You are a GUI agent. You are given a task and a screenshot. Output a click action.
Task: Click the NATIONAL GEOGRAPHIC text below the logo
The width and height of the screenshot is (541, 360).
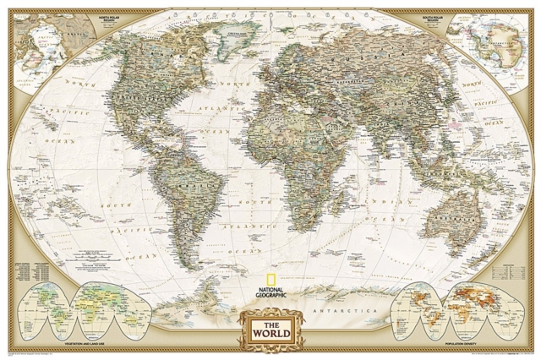(x=270, y=292)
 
